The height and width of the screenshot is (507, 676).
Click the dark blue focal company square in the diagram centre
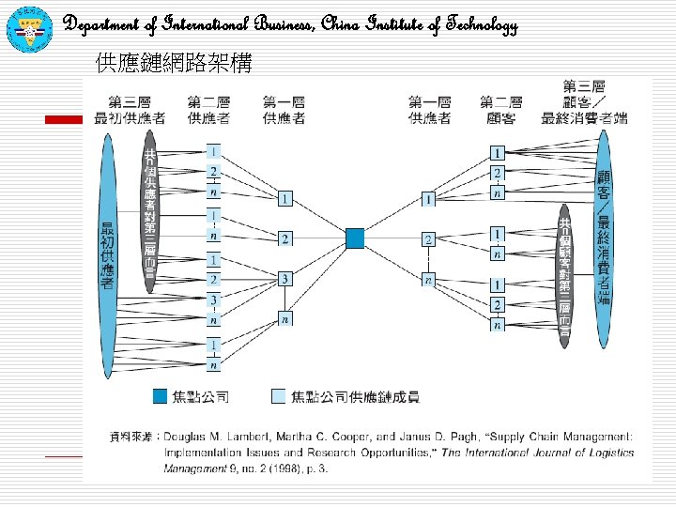point(355,238)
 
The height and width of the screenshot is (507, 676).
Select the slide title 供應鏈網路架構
point(174,64)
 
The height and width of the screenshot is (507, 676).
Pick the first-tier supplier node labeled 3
point(284,279)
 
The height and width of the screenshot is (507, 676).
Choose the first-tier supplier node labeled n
point(284,319)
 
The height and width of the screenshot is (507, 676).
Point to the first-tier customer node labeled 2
point(429,240)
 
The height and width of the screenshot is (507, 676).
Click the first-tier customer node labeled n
point(429,280)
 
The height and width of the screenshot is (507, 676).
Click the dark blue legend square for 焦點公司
point(161,396)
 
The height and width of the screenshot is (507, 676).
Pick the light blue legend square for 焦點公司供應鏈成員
point(278,396)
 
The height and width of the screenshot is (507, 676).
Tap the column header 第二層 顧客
point(501,109)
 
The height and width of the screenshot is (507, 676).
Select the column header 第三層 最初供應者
point(131,109)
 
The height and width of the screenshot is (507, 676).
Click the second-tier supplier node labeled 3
point(214,300)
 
